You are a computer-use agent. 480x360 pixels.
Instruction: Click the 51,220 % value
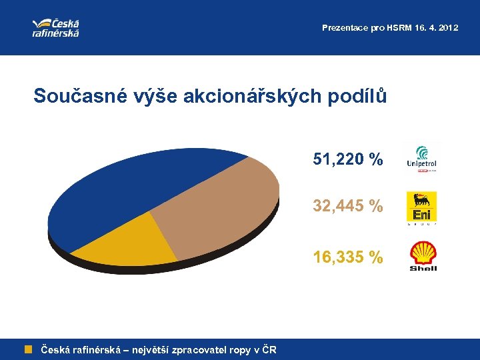[348, 159]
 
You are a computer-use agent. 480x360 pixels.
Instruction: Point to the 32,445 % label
[348, 207]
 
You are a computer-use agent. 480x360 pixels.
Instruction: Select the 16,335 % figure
[348, 257]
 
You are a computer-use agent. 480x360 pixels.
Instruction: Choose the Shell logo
[423, 257]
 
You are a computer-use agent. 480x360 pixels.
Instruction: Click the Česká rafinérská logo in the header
[56, 27]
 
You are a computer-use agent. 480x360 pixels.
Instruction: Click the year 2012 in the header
[448, 28]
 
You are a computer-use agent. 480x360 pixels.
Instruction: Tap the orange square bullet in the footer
[29, 349]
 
